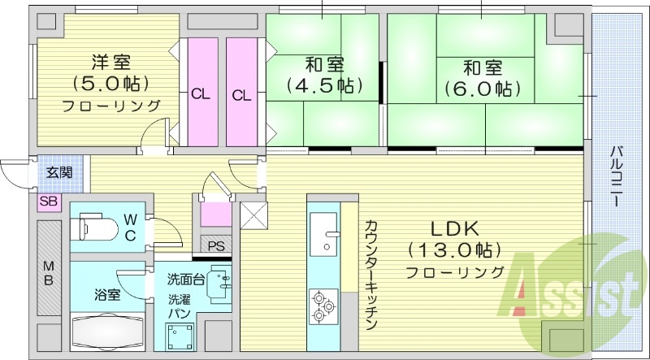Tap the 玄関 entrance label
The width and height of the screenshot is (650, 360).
58,171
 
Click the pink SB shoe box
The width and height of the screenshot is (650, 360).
47,201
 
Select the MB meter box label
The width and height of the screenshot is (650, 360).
49,275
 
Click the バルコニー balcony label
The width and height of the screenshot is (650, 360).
619,174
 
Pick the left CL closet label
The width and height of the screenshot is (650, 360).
201,94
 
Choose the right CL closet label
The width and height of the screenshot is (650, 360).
241,94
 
